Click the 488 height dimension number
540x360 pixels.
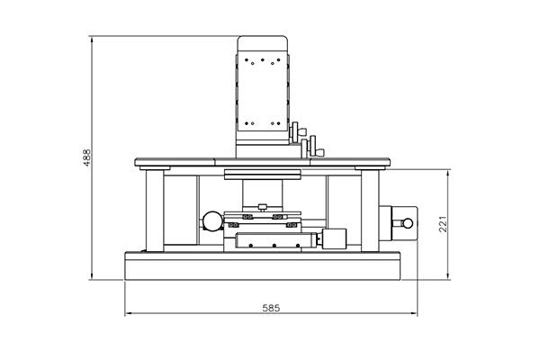[87, 157]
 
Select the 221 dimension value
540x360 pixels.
[443, 224]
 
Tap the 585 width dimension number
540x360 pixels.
[272, 308]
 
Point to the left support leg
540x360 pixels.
[155, 211]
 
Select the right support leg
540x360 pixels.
[370, 211]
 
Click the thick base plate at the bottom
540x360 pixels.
[263, 265]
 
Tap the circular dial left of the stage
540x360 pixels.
[212, 220]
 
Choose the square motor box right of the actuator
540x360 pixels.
[334, 238]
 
